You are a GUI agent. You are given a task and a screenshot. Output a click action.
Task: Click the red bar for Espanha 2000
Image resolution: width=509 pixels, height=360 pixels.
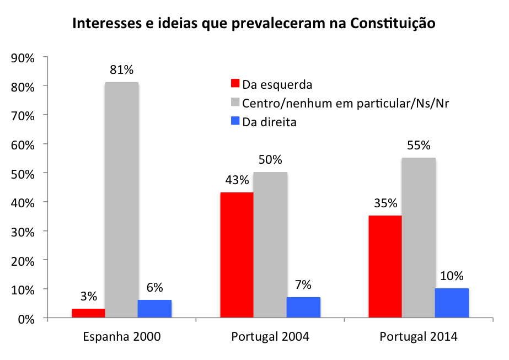[88, 313]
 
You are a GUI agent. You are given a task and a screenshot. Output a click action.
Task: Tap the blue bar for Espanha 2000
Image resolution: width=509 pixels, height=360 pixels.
[154, 309]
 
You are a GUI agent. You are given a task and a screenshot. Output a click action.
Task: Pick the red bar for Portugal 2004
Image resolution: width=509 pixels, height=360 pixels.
[237, 255]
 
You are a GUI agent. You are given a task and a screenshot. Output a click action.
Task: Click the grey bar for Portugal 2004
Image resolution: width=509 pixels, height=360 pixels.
[270, 245]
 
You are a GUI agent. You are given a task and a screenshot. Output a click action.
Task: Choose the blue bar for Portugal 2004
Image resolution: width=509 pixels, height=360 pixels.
[303, 308]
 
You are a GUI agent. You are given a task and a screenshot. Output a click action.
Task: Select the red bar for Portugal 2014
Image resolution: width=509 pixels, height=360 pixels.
[385, 267]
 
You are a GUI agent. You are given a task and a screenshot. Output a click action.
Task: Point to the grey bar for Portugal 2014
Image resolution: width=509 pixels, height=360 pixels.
[419, 238]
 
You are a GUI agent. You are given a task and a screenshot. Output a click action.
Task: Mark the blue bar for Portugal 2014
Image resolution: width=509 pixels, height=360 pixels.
[452, 303]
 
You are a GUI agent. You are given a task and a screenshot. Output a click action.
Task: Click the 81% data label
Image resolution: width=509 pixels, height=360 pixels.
[121, 70]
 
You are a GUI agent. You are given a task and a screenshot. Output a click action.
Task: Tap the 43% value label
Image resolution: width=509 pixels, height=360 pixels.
[237, 180]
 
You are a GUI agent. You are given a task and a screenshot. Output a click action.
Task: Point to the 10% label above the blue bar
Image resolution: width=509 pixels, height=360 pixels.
[452, 276]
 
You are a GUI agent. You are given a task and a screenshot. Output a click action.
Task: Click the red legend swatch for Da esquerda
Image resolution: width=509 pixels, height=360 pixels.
[234, 84]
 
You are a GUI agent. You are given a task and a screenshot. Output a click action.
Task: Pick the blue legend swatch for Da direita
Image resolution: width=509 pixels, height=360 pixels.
[234, 122]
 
